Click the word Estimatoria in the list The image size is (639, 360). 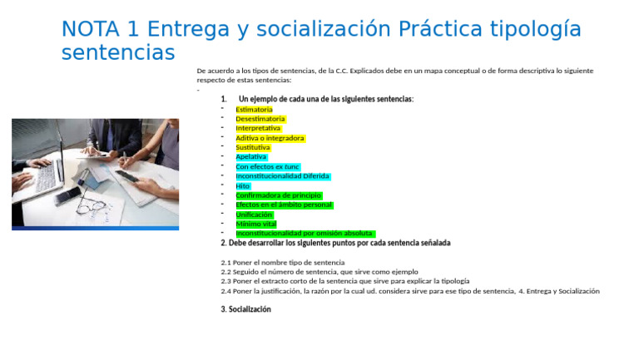[x=254, y=109]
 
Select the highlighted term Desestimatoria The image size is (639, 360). [x=260, y=119]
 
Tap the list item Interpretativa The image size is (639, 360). [x=258, y=128]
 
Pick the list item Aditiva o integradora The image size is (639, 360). [x=270, y=138]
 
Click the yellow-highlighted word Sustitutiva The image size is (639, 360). [x=253, y=147]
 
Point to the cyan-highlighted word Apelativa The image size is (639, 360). [x=251, y=157]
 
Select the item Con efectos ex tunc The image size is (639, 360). [x=267, y=166]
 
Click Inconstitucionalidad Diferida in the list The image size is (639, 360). [x=282, y=176]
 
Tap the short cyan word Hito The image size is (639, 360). [x=243, y=186]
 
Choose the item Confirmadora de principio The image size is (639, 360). [x=278, y=195]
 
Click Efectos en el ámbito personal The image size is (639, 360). [x=284, y=205]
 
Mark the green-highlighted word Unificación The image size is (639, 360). [x=254, y=215]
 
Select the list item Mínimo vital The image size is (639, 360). [x=255, y=224]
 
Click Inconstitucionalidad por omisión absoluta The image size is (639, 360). [x=305, y=234]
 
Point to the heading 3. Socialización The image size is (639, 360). [x=245, y=309]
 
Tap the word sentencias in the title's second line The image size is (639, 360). [x=117, y=53]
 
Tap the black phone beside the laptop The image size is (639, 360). [x=67, y=196]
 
